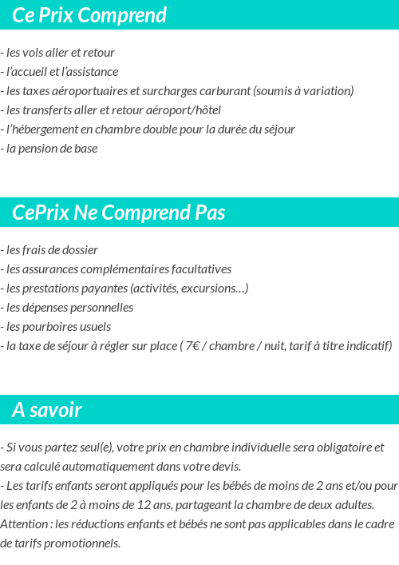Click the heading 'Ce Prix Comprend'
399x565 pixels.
point(89,15)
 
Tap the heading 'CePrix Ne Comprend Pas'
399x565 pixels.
point(119,213)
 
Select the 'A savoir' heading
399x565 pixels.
point(47,410)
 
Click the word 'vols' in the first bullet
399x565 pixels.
point(34,53)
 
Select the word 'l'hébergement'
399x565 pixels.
point(41,129)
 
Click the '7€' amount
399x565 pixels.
point(192,346)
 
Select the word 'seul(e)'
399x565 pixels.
point(87,448)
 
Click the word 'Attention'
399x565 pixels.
point(25,524)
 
